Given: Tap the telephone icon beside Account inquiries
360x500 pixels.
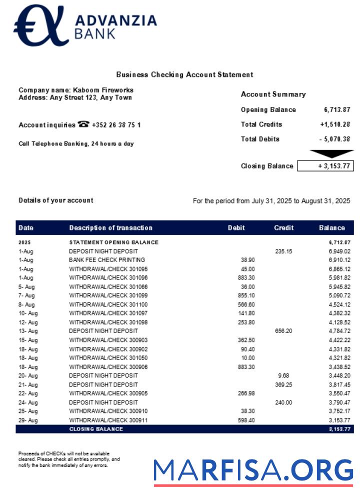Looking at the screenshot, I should [x=83, y=124].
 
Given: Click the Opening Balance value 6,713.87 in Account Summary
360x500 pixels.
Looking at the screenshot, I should [x=337, y=110].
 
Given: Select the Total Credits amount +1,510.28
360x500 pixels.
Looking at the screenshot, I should [x=335, y=124].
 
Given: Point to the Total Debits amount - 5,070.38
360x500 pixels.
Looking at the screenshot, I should [x=335, y=139].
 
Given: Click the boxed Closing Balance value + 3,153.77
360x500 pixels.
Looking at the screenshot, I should [x=325, y=166].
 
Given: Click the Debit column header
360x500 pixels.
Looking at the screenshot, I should [x=236, y=228].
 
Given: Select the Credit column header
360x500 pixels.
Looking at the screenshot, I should [x=283, y=228].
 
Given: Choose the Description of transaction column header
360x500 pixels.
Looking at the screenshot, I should [x=110, y=228].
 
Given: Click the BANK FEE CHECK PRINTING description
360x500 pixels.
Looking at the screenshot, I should [x=107, y=260].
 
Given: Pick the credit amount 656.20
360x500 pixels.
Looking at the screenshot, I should [x=283, y=331].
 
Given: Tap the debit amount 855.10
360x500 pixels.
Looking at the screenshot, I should [x=246, y=295].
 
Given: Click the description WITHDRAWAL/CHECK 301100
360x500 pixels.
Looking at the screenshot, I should [x=108, y=304].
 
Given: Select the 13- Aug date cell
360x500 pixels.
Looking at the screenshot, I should [x=28, y=331].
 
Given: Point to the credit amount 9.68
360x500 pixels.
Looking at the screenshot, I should [x=283, y=375].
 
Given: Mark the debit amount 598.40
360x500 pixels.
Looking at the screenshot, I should [x=246, y=420].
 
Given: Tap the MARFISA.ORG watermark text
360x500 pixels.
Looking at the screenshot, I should [x=253, y=470].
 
